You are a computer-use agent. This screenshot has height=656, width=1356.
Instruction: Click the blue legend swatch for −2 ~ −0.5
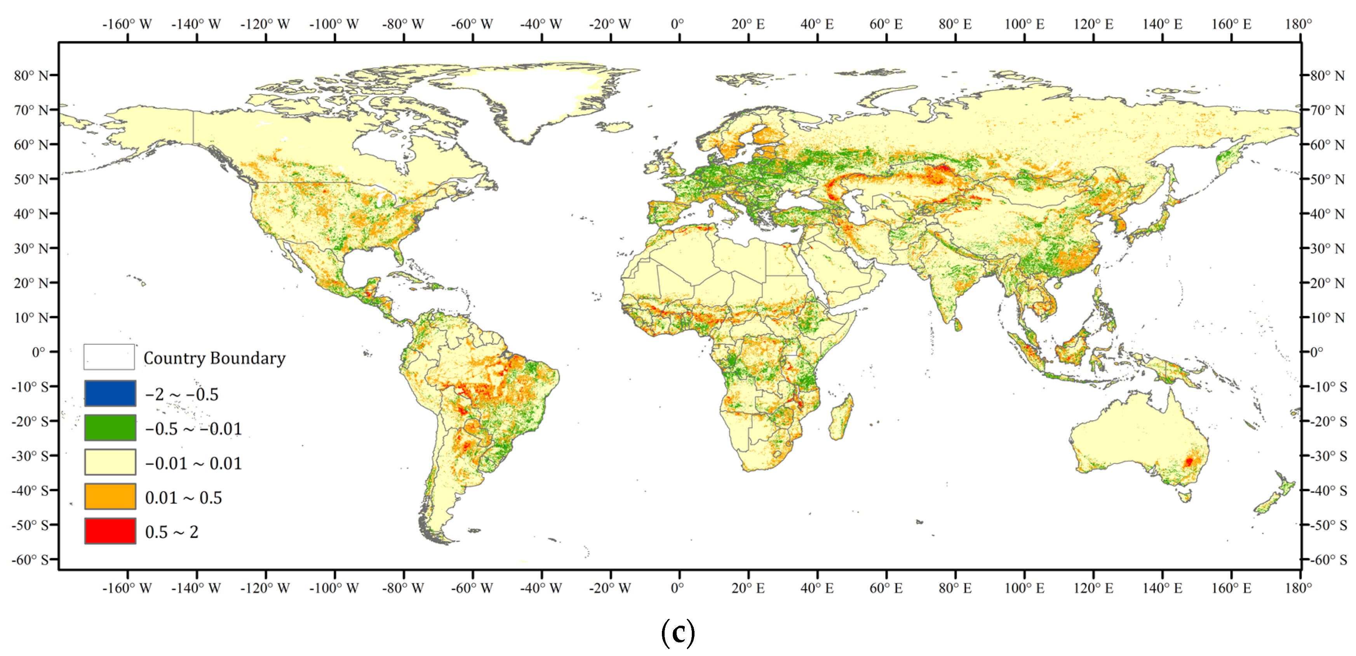click(x=110, y=393)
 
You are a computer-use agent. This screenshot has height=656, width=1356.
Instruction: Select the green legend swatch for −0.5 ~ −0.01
click(x=110, y=427)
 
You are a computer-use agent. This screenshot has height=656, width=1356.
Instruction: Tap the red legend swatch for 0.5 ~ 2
click(x=110, y=531)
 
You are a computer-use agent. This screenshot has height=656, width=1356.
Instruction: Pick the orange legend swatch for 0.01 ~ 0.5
click(x=110, y=497)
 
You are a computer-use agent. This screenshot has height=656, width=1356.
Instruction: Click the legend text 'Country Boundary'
click(x=214, y=358)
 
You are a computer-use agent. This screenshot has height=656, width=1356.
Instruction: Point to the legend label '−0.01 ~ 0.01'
click(x=193, y=463)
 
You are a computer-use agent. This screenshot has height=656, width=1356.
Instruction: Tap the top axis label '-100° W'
click(x=334, y=24)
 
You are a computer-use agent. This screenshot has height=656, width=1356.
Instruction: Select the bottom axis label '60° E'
click(x=886, y=588)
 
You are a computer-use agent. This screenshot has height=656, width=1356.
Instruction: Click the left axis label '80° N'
click(x=31, y=75)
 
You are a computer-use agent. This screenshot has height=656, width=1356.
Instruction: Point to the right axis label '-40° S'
click(x=1328, y=491)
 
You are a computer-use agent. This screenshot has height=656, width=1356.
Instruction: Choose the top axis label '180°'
click(x=1298, y=24)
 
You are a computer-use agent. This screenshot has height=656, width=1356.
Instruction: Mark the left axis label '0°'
click(x=38, y=352)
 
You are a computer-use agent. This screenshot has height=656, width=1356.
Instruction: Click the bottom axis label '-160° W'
click(x=127, y=588)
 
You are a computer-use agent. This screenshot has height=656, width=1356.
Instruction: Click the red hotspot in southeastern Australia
click(x=1188, y=462)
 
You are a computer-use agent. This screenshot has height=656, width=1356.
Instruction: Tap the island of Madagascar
click(x=841, y=419)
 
